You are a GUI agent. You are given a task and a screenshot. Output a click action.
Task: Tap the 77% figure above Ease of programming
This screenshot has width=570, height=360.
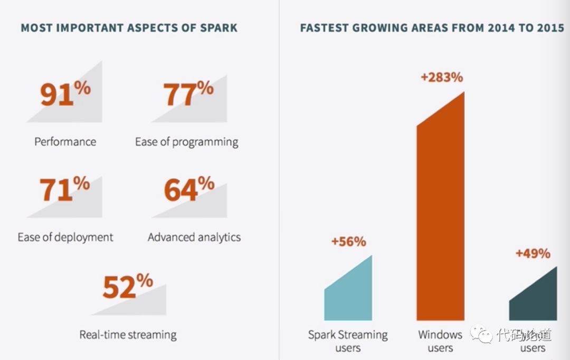(x=188, y=93)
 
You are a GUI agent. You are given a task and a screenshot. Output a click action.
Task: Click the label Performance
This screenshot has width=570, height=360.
(x=65, y=141)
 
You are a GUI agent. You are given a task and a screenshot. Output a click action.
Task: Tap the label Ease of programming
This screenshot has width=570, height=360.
(x=187, y=142)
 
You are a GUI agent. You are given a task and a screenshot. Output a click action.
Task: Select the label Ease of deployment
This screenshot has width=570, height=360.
(x=65, y=237)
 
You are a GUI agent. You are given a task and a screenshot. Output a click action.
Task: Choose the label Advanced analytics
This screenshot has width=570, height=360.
(x=194, y=237)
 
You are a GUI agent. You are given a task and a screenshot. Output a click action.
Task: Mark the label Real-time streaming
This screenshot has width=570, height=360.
(x=128, y=335)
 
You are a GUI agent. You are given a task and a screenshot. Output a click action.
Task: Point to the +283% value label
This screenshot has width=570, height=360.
(x=442, y=78)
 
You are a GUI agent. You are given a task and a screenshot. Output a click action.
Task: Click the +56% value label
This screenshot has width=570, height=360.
(x=348, y=242)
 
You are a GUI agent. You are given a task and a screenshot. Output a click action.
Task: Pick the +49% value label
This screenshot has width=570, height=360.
(x=533, y=253)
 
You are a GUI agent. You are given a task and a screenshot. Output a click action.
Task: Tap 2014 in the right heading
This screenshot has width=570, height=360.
(x=501, y=28)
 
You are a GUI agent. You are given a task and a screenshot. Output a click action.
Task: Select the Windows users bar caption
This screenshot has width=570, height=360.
(x=440, y=341)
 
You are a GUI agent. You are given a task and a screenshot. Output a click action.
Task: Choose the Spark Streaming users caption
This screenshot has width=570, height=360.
(x=348, y=341)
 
